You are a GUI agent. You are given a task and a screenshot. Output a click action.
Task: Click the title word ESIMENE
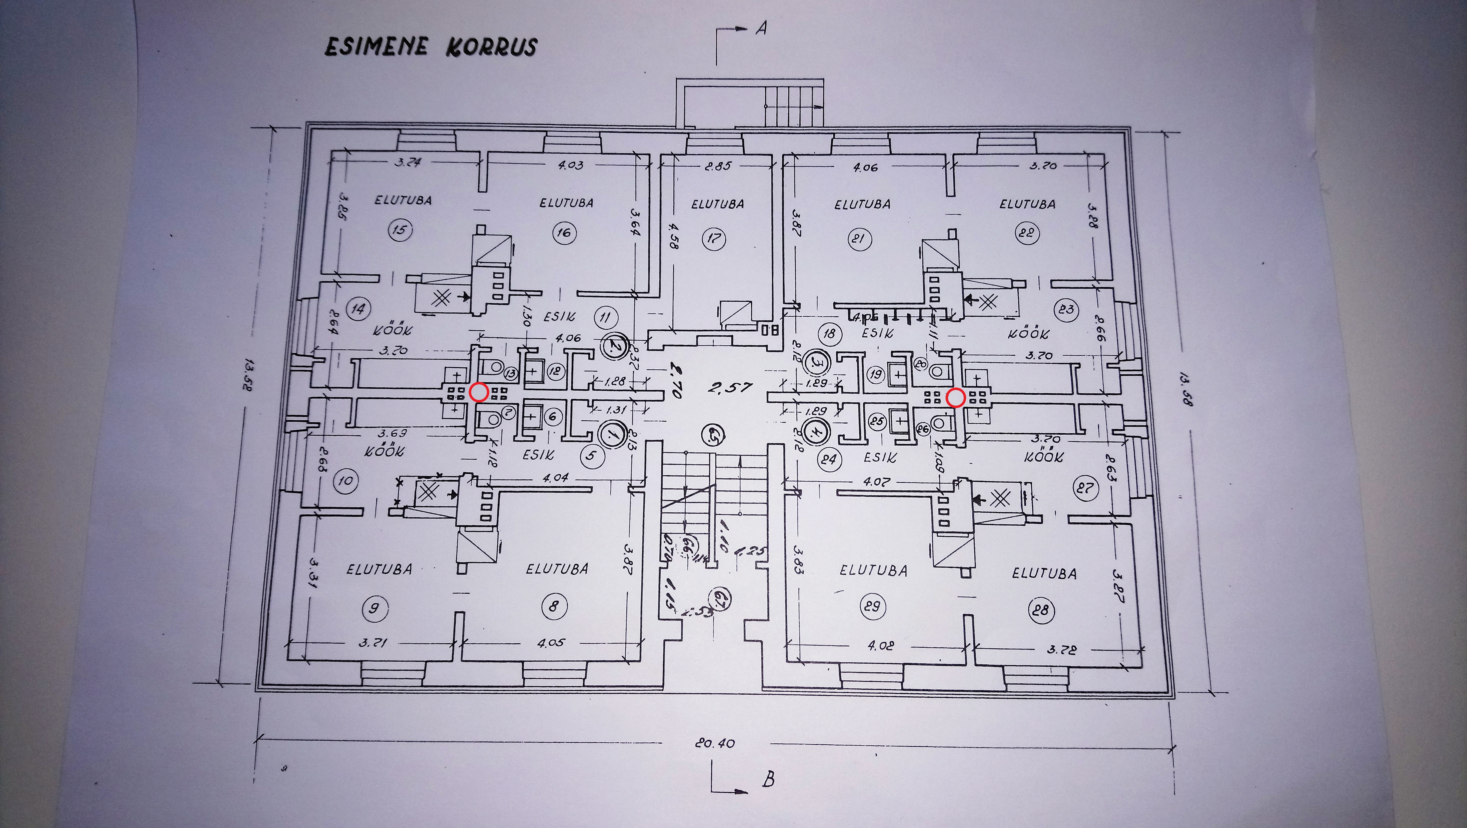(x=375, y=47)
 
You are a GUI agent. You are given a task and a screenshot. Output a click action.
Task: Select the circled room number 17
(x=713, y=238)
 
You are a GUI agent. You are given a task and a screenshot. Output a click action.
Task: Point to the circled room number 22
(x=1027, y=233)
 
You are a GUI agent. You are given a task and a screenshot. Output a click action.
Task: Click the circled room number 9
(x=374, y=608)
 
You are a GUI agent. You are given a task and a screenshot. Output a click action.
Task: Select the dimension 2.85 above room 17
(x=717, y=166)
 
